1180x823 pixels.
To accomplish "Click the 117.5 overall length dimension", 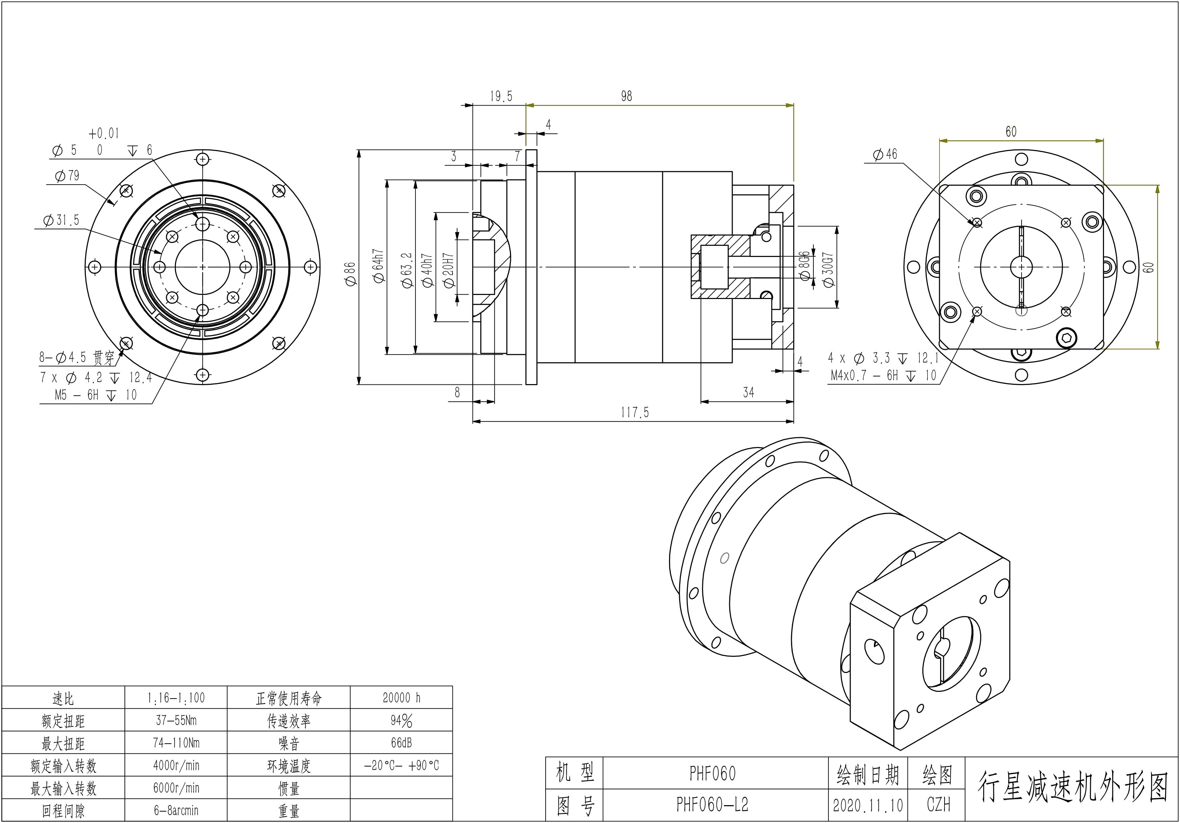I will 635,413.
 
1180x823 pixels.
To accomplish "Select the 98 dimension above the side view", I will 626,96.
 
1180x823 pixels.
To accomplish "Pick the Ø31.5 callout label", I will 62,220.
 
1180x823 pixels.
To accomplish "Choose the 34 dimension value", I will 748,392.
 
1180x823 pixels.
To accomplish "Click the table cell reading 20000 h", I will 401,698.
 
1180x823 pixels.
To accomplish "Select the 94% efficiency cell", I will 401,721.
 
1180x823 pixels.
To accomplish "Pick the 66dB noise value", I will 401,743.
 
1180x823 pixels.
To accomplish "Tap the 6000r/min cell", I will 176,788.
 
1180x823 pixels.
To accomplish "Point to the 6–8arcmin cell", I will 176,811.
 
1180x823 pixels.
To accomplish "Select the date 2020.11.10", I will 868,806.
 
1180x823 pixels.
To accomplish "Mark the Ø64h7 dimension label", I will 379,266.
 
